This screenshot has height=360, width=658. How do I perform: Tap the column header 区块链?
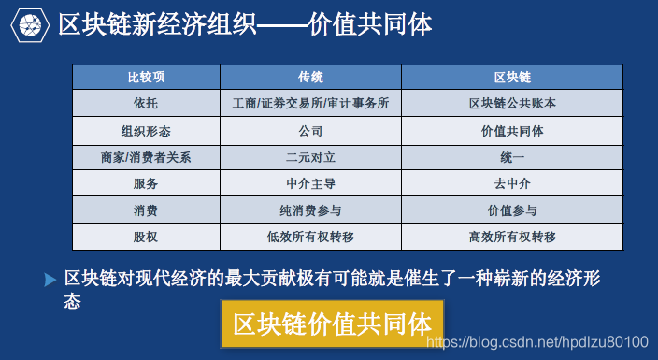[x=512, y=77]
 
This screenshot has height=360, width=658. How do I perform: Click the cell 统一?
[x=512, y=157]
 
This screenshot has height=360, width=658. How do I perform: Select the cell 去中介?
[x=512, y=183]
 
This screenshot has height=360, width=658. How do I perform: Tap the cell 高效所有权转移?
[x=512, y=238]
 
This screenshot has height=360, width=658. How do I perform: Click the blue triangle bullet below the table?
[x=50, y=280]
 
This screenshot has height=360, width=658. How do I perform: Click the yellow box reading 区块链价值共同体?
[x=332, y=324]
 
